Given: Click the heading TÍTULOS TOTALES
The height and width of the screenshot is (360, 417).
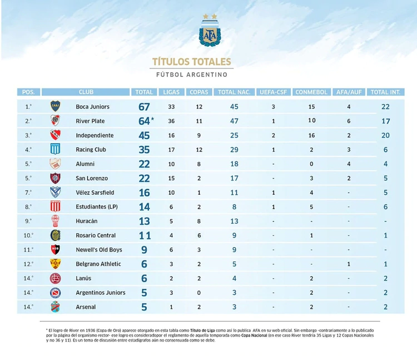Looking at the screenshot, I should click(191, 62).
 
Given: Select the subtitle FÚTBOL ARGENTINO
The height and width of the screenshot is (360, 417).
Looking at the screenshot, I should click(191, 75).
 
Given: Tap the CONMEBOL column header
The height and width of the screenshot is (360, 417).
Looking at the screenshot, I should click(311, 92).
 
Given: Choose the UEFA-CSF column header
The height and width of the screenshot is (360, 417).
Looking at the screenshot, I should click(274, 92).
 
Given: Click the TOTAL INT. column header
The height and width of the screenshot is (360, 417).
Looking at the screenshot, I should click(387, 92).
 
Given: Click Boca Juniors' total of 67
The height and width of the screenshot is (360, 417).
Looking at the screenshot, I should click(145, 107).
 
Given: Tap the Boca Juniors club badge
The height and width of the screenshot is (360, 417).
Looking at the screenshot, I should click(55, 106).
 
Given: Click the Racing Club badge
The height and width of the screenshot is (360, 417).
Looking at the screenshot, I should click(55, 150).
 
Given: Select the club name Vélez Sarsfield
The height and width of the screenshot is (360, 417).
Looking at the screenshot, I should click(95, 193).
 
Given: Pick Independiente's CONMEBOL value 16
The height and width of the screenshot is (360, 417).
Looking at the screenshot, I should click(311, 135).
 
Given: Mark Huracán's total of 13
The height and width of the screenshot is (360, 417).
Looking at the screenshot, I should click(145, 221).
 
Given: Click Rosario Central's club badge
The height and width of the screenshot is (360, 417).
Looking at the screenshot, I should click(55, 235).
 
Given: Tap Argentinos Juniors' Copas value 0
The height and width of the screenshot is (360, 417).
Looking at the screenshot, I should click(198, 293).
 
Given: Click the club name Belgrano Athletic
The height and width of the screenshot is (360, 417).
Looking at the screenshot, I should click(98, 264).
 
